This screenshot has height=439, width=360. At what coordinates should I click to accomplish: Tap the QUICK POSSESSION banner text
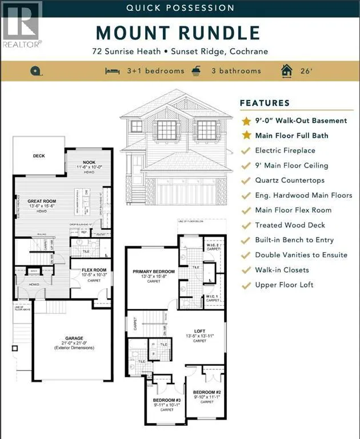pos(180,8)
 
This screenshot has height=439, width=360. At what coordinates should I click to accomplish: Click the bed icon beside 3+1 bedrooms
pos(112,71)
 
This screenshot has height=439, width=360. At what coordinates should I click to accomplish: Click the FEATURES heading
pos(265,103)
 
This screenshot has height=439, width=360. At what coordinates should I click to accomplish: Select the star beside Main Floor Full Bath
pos(246,135)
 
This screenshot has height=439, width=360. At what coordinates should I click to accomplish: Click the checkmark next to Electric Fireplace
pos(246,150)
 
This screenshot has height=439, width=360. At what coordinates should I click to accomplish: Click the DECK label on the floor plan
pos(38,155)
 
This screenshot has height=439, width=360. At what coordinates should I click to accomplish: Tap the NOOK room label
pos(89,162)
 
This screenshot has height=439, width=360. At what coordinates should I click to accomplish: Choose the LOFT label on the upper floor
pos(199,330)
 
